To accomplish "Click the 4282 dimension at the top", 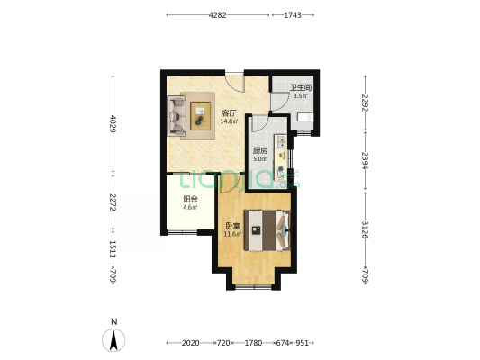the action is [x=217, y=15].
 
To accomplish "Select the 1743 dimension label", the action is [x=293, y=15].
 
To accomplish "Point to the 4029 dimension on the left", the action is [x=113, y=123].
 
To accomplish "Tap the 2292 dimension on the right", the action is [x=365, y=103].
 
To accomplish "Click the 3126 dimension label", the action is [x=365, y=229].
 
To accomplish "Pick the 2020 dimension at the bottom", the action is [x=190, y=343].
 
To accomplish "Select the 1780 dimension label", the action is [x=253, y=343].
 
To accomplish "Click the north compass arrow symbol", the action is [x=113, y=340].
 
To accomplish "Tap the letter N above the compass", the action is [x=113, y=322].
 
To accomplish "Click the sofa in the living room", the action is [x=177, y=116].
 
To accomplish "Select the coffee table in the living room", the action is [x=201, y=116].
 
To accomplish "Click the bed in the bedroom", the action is [x=267, y=230].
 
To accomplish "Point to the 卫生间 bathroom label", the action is [x=301, y=88].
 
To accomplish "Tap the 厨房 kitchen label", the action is [x=260, y=151].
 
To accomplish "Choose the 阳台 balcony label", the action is [x=190, y=200].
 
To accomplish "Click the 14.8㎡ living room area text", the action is [x=230, y=121].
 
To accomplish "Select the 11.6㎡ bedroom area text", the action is [x=232, y=235].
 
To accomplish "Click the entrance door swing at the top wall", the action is [x=235, y=82].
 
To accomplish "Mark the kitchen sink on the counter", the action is [x=281, y=142].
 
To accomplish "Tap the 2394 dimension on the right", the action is [x=365, y=160].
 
